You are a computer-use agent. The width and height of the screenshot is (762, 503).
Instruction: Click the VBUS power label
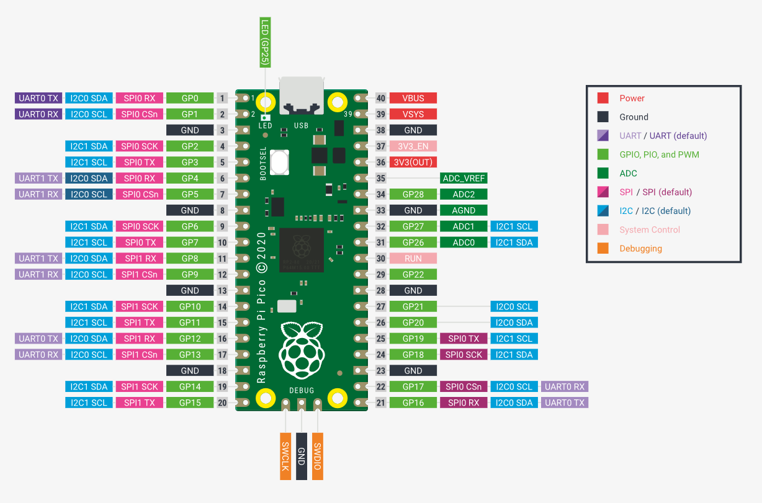coord(413,98)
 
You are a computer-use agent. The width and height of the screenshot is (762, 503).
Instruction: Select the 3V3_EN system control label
coord(413,146)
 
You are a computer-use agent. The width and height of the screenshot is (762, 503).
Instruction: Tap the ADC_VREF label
coord(464,178)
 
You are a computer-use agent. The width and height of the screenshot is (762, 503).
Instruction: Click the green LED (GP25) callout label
coord(265,43)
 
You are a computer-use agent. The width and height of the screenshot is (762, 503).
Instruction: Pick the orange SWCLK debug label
coord(285,456)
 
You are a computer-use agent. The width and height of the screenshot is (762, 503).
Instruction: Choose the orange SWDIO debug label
coord(317,456)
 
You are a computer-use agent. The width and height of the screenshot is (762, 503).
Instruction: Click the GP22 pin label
coord(413,275)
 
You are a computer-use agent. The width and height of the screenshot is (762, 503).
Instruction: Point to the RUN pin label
coord(413,259)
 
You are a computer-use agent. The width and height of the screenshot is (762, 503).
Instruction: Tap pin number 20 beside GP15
coord(222,403)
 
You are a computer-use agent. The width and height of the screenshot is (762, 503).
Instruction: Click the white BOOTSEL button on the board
coord(279,162)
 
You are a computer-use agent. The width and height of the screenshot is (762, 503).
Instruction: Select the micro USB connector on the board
coord(302,96)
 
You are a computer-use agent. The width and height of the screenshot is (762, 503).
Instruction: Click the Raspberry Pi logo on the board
coord(302,350)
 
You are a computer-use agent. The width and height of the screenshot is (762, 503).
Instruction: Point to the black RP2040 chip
coord(302,250)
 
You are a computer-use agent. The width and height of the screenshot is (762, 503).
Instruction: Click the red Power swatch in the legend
coord(603,98)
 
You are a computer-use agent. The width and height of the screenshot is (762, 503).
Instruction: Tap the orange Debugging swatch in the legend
coord(603,248)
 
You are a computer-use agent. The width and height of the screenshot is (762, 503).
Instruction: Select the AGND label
coord(464,210)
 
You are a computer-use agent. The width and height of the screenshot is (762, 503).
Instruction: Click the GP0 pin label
coord(190,98)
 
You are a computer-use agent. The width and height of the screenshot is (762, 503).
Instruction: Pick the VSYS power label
coord(413,114)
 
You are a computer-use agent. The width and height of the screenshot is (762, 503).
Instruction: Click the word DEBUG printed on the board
coord(302,390)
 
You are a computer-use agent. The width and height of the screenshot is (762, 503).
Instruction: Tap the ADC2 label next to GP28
coord(464,194)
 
